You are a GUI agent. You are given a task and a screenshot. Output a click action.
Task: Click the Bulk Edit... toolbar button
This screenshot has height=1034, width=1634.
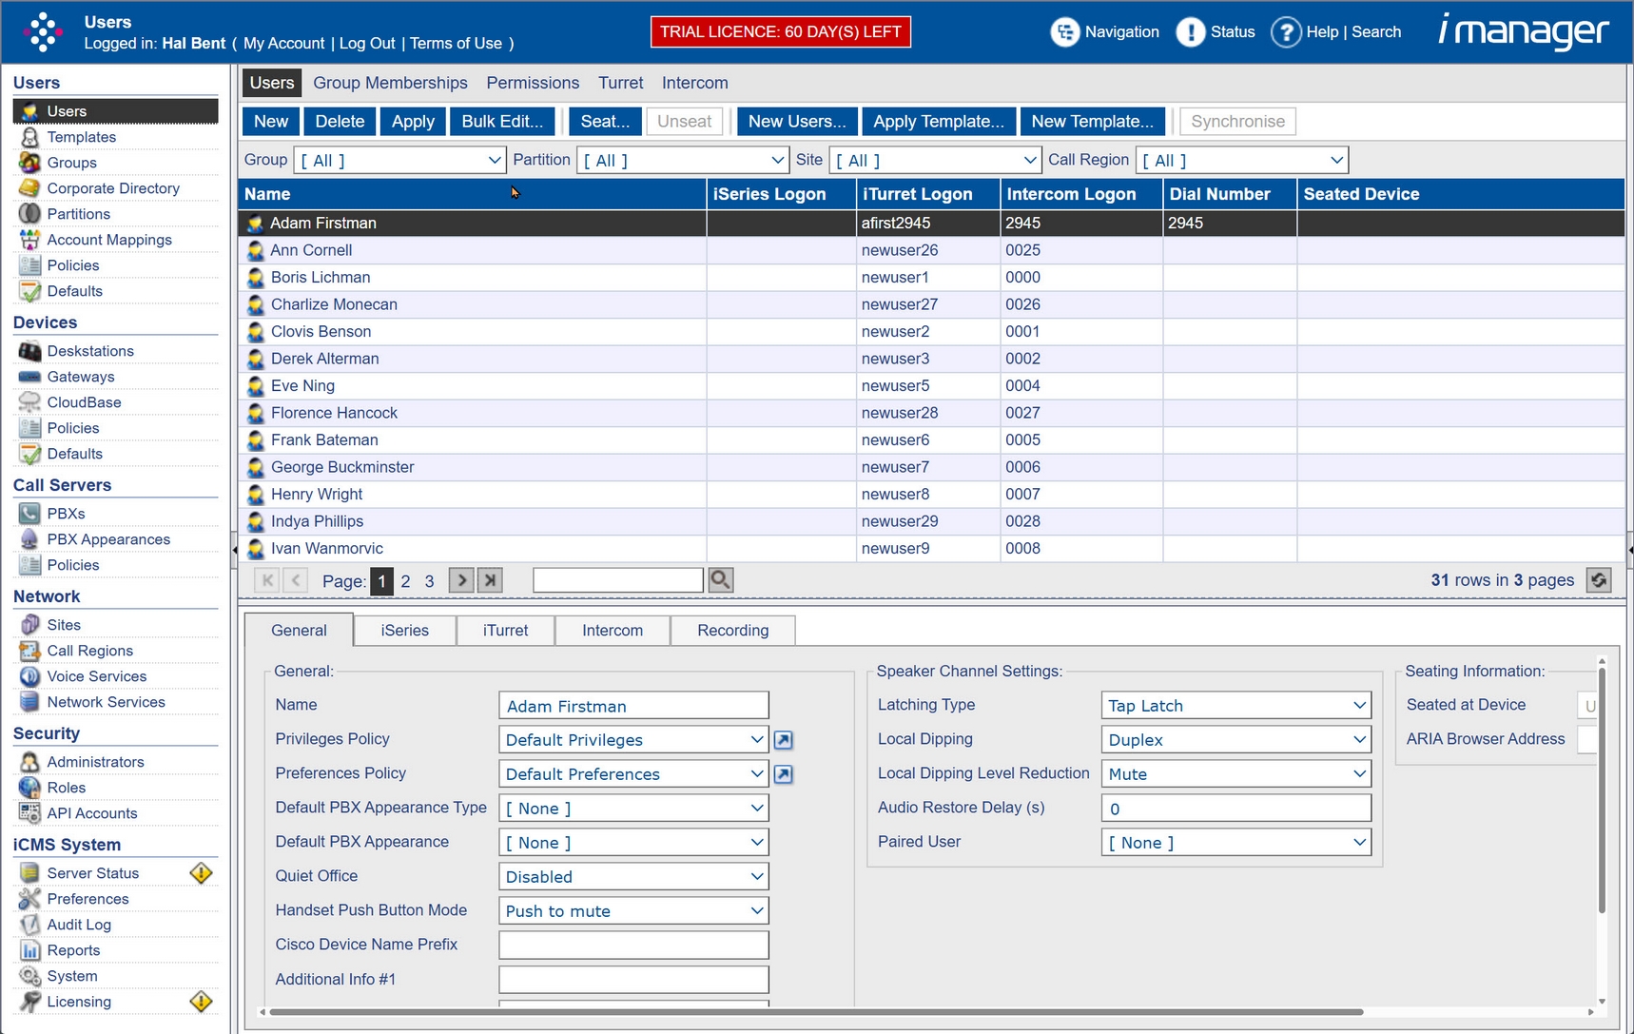[x=502, y=122]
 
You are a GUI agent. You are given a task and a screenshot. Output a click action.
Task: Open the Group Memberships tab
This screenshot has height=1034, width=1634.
[x=390, y=83]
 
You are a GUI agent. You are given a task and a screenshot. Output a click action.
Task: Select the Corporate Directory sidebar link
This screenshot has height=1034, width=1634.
[x=113, y=188]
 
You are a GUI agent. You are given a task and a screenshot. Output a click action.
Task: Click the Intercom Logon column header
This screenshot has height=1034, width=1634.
[x=1071, y=194]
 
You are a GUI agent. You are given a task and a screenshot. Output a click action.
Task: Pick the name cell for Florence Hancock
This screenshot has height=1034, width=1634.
[x=334, y=413]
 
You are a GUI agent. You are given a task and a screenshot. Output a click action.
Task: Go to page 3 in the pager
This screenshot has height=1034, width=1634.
[x=429, y=581]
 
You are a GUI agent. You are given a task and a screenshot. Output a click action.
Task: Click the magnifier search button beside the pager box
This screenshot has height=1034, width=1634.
[x=721, y=580]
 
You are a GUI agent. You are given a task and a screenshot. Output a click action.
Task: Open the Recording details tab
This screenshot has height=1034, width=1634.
[x=732, y=631]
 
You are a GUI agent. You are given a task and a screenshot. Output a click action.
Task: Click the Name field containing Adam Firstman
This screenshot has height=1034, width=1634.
[x=633, y=706]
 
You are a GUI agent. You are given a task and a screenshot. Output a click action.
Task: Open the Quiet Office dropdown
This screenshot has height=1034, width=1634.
[x=633, y=877]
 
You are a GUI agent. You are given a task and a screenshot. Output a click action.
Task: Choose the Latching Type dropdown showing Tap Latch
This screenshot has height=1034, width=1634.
[x=1235, y=706]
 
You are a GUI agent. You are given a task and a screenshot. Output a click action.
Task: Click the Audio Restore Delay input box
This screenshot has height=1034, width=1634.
[x=1235, y=809]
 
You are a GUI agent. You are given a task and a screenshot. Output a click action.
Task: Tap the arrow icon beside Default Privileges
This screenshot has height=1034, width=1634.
[x=783, y=740]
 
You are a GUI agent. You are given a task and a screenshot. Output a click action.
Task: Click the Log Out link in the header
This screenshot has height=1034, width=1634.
[x=367, y=44]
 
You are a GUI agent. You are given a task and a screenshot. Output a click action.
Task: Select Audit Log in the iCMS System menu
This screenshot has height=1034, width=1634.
[x=79, y=925]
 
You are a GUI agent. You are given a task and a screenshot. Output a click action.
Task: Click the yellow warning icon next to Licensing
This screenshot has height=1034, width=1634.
[x=201, y=1002]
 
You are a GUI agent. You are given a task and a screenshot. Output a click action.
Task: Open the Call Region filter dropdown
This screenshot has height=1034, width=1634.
[x=1242, y=161]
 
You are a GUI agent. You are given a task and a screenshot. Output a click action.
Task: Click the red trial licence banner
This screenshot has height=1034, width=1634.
[x=780, y=31]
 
